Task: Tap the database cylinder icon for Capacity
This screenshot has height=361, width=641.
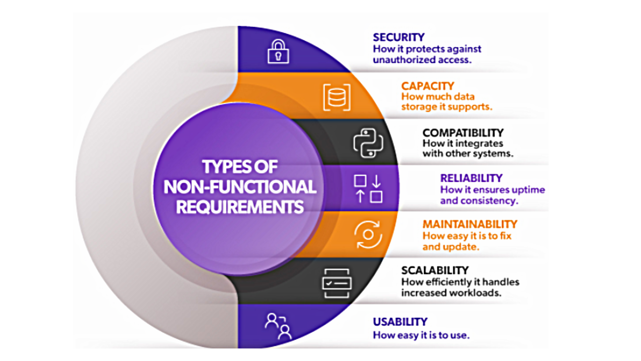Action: click(x=337, y=97)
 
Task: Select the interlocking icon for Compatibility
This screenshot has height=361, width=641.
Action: click(x=368, y=143)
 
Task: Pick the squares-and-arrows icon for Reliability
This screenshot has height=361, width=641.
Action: click(x=368, y=189)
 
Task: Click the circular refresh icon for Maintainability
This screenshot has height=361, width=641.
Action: click(x=368, y=235)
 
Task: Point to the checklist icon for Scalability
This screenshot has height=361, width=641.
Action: click(x=337, y=283)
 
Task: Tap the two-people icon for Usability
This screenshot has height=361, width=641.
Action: click(x=278, y=326)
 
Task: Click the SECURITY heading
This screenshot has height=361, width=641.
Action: click(x=399, y=37)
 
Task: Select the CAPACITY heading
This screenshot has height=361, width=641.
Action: click(x=427, y=86)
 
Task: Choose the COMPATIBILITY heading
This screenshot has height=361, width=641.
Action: click(x=463, y=133)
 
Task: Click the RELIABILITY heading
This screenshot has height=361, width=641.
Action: click(x=471, y=178)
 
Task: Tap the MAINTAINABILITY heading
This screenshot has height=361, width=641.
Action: click(x=470, y=224)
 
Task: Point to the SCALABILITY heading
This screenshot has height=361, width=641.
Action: click(x=435, y=270)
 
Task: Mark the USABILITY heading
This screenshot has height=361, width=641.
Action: click(x=400, y=322)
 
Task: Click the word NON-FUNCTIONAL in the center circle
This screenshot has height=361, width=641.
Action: click(x=240, y=187)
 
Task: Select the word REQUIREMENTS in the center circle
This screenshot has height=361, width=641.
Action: click(x=240, y=207)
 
